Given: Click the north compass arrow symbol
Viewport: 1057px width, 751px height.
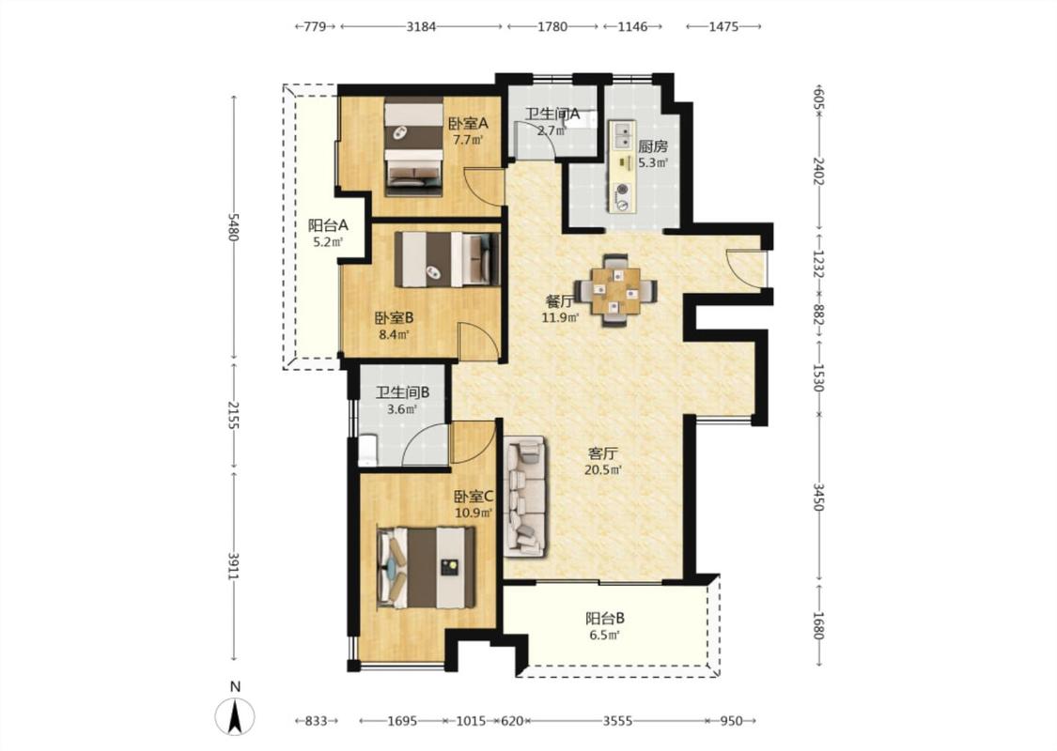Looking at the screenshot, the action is (235, 717).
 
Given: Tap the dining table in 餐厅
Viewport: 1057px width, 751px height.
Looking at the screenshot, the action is (616, 291).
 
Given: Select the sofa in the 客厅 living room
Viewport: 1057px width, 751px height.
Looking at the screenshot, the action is (526, 497).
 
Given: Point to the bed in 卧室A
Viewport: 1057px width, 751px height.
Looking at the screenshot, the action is (414, 146).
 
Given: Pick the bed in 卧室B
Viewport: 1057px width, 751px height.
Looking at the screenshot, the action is (447, 259).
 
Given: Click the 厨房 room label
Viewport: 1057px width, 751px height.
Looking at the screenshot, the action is (653, 146).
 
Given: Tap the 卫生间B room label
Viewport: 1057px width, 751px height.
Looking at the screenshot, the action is (402, 392).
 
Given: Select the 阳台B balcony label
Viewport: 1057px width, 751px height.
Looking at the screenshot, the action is (605, 618).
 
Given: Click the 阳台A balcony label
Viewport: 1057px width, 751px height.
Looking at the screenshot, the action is (328, 225).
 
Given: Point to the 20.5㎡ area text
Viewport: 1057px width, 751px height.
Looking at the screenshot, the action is (602, 470).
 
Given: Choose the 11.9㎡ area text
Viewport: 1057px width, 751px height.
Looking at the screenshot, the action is (560, 317).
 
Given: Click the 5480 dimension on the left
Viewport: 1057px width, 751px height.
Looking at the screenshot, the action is (233, 227).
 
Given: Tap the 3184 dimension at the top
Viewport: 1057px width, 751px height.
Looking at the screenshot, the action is (421, 26).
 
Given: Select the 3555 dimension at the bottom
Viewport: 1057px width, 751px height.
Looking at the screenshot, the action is (616, 721).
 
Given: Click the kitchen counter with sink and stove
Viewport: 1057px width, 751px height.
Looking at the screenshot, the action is (623, 166).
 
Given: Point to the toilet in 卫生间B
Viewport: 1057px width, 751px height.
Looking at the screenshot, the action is (367, 450).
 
